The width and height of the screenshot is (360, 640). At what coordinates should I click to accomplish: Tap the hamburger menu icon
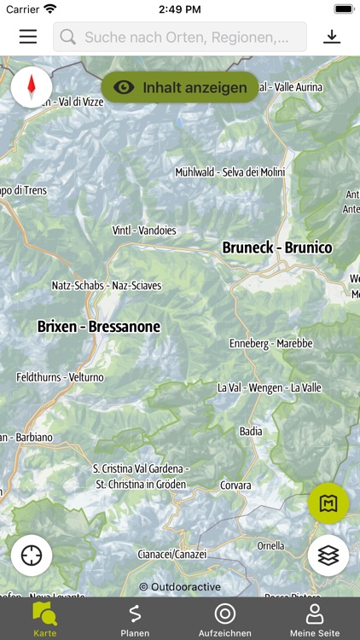(28, 37)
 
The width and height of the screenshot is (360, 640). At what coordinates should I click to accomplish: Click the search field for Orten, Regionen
(180, 37)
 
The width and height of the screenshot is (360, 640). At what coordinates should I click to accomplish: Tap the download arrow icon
(332, 37)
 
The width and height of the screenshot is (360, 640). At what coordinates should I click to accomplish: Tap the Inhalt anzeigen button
(180, 87)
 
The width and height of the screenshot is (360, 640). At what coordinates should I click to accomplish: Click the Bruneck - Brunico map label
(277, 247)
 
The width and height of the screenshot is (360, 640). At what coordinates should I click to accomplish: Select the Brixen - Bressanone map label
(99, 326)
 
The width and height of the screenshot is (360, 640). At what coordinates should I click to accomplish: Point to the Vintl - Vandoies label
(144, 230)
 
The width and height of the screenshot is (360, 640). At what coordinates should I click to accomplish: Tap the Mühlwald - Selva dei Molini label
(229, 172)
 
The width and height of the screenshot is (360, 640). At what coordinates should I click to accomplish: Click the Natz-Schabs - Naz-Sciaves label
(107, 285)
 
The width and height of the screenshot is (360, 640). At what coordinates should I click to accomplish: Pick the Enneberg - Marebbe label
(271, 343)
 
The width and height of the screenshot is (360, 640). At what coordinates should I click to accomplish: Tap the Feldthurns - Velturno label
(60, 376)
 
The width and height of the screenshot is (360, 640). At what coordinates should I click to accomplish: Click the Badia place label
(251, 431)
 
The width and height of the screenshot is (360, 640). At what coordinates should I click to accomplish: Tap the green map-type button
(328, 503)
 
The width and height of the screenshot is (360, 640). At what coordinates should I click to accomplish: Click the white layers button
(328, 556)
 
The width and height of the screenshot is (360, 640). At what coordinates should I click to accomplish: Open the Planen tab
(135, 619)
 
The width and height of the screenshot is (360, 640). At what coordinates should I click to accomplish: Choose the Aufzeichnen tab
(225, 619)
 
